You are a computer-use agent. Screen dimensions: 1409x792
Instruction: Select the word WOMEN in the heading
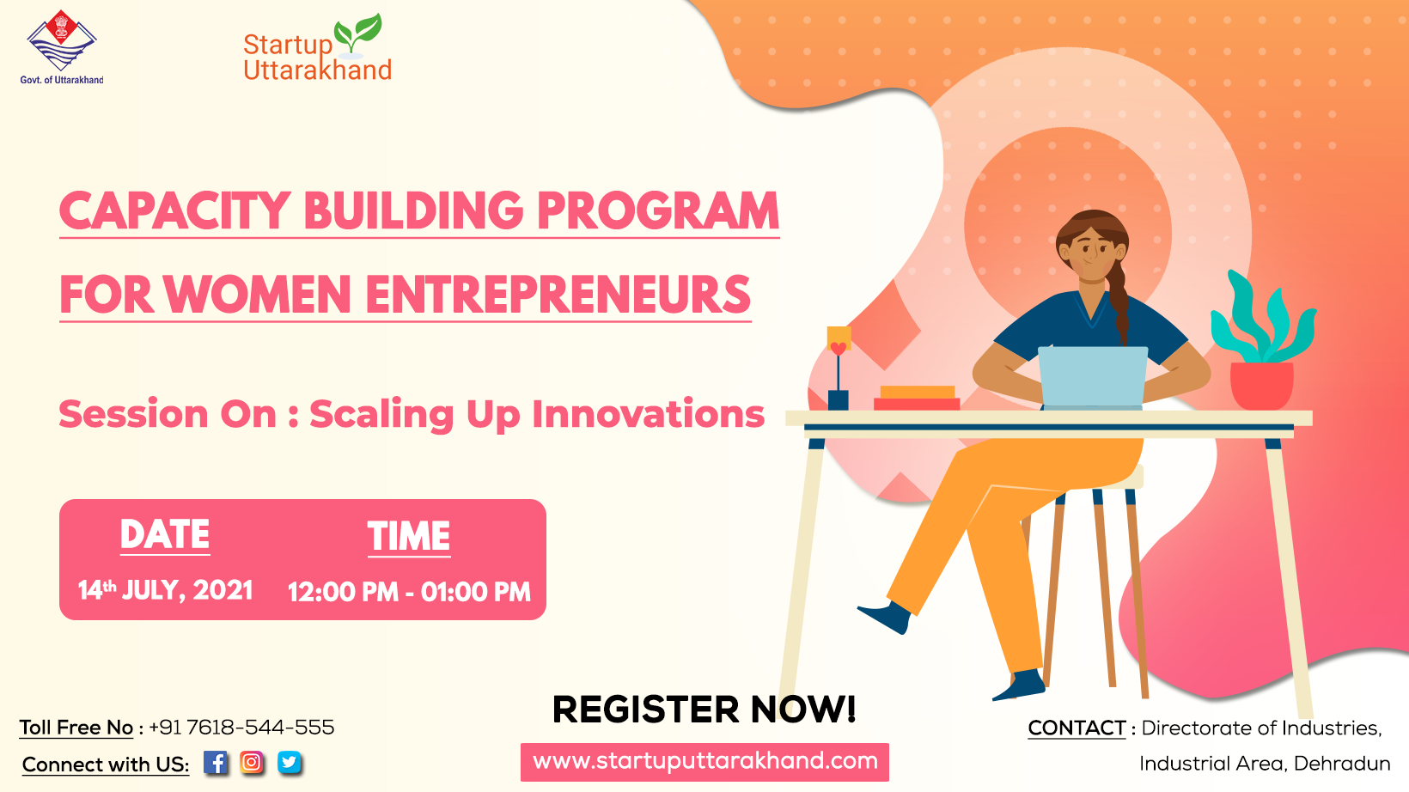point(257,295)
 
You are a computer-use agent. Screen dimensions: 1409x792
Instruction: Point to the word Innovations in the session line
point(648,415)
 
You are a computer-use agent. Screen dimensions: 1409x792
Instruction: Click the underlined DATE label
point(165,535)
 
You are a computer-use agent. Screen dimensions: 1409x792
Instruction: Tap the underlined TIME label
point(409,537)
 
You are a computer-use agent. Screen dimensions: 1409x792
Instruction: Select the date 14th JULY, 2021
point(166,591)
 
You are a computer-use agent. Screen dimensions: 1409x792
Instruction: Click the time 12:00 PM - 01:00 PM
point(410,592)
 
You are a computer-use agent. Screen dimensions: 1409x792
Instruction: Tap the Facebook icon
point(215,763)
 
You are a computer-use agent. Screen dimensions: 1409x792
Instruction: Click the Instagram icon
point(252,763)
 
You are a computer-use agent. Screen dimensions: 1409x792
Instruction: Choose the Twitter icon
point(290,763)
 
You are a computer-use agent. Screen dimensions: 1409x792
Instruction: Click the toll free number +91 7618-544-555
point(241,728)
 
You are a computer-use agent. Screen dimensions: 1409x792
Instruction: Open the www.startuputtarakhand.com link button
point(704,762)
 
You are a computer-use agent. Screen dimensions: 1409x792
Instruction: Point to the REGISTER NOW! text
point(704,709)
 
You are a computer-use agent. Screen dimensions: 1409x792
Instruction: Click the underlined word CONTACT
point(1077,728)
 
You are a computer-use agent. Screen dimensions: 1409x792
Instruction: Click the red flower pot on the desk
point(1262,386)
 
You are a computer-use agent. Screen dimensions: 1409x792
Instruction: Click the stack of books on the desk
point(917,398)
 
